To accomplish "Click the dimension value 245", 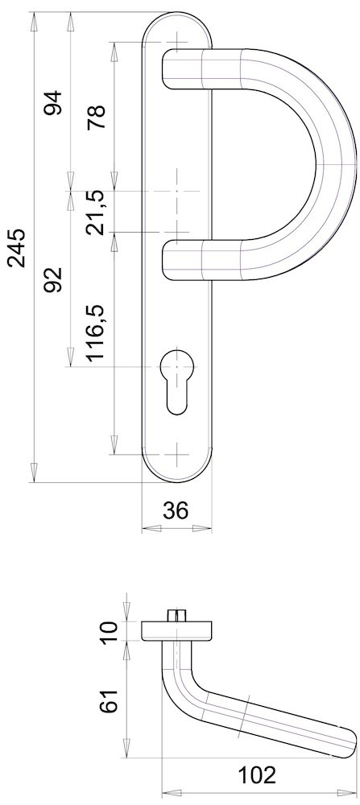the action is click(17, 247).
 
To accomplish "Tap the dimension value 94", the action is click(53, 103).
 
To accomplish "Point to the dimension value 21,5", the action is click(96, 212).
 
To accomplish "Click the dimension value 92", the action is click(53, 279).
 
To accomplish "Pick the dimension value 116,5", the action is click(96, 334).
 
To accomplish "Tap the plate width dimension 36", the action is click(176, 510).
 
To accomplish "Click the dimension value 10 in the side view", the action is click(110, 631).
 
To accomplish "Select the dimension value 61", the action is click(110, 700).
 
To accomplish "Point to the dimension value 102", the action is click(256, 775).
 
